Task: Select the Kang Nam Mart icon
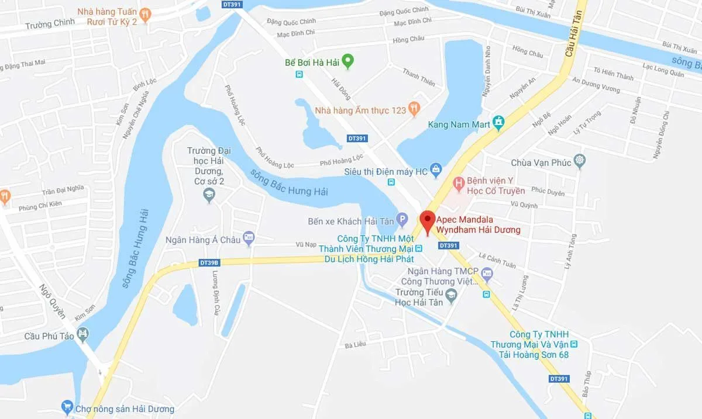[x=498, y=123]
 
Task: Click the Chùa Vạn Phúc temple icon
[x=580, y=161]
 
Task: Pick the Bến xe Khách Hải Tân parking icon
[x=401, y=220]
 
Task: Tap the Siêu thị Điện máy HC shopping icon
[x=436, y=170]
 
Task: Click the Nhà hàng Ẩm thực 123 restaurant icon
[x=415, y=108]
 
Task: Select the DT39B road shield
[x=209, y=263]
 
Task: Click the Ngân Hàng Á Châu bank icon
[x=249, y=237]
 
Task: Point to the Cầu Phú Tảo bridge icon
[x=84, y=335]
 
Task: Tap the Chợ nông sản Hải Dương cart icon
[x=67, y=407]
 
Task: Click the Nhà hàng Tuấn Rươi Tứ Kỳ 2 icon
[x=146, y=14]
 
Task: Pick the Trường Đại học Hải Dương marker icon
[x=209, y=196]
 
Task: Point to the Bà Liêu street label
[x=355, y=344]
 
